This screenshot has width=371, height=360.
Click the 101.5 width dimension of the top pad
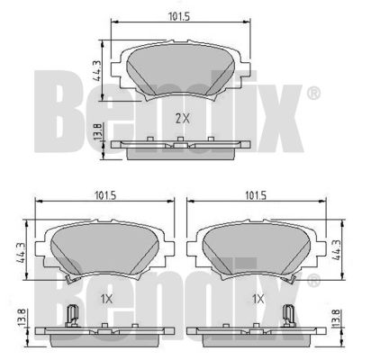coord(179,17)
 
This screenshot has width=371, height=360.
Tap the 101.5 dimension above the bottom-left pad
coord(105,195)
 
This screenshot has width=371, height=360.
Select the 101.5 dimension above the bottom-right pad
coord(256,195)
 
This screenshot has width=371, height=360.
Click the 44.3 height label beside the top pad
coord(96,70)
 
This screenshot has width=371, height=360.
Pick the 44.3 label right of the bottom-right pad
coord(336,249)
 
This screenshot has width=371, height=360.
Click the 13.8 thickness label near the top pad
coord(96,131)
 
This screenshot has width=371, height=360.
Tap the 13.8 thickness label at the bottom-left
coord(22,318)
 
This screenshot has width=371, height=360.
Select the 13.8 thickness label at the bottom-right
coord(336,318)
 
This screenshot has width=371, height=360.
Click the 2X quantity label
coord(183,119)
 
